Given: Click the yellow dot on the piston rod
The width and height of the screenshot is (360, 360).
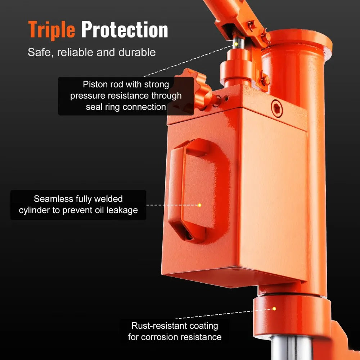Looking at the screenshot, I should (236, 44).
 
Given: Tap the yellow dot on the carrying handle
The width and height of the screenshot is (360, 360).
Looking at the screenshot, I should (199, 205).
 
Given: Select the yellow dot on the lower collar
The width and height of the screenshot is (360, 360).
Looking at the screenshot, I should (274, 309).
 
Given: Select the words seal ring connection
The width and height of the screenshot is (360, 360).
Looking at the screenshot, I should (126, 107).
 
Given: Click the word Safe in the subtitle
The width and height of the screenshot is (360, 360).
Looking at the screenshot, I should (38, 52).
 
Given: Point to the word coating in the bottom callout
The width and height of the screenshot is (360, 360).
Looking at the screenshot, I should (205, 326).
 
